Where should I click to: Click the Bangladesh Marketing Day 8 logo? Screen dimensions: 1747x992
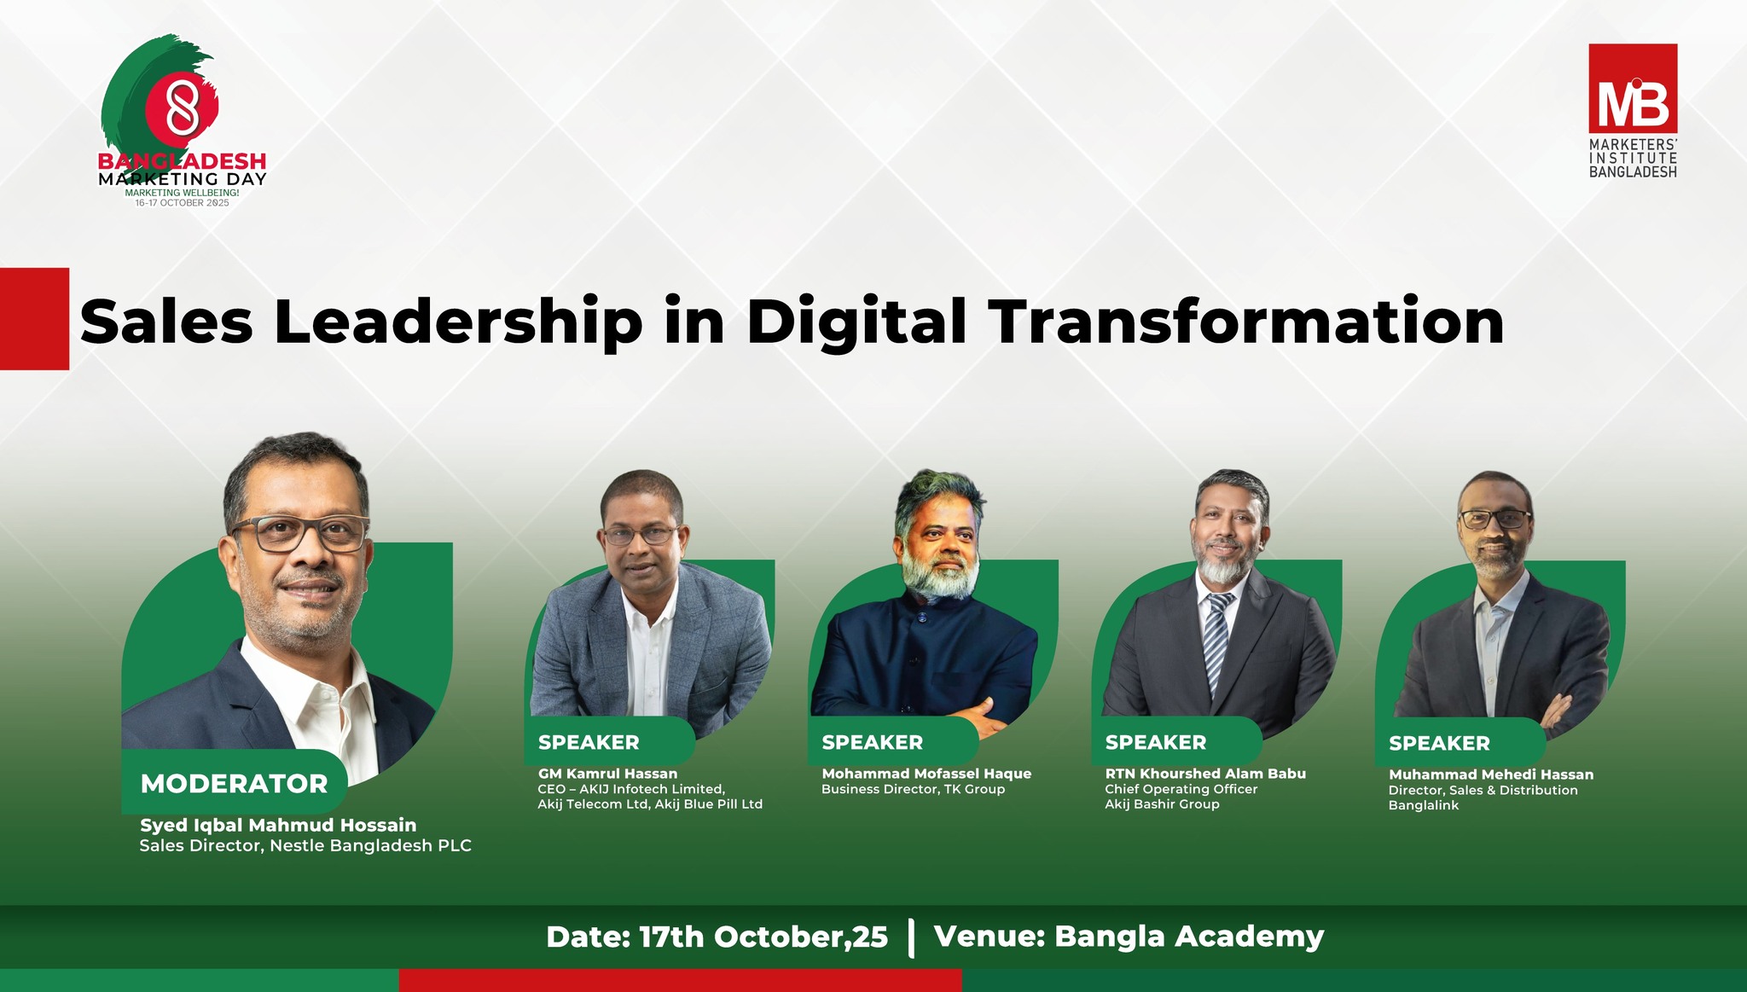tap(183, 120)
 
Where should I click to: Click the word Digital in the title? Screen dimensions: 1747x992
tap(856, 322)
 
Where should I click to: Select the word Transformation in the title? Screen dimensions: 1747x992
tap(1246, 322)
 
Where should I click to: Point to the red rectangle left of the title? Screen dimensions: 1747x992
tap(34, 319)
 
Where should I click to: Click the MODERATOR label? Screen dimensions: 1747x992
tap(235, 784)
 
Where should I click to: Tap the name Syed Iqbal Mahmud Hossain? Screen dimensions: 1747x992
tap(278, 825)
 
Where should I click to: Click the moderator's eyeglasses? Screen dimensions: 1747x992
tap(300, 532)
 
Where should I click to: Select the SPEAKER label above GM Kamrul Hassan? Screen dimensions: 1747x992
tap(589, 742)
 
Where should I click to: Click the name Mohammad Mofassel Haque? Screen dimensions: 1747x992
tap(926, 774)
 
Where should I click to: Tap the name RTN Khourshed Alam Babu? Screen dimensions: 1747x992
tap(1205, 774)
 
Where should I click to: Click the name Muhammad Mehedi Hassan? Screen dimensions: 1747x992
tap(1491, 774)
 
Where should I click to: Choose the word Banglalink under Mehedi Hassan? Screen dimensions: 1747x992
tap(1424, 805)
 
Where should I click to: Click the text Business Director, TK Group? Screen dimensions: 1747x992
tap(914, 789)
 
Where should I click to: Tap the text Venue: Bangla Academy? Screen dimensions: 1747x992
tap(1129, 937)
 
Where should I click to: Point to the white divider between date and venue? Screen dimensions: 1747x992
tap(912, 937)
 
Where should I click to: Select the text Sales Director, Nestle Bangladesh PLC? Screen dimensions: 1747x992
tap(305, 846)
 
